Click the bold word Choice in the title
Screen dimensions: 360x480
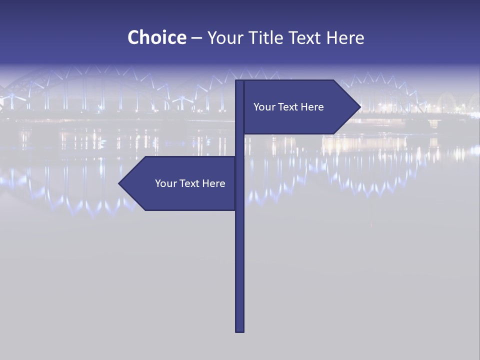point(156,37)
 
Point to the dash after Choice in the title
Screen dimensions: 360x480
point(196,38)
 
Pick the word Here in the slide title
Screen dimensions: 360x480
point(345,37)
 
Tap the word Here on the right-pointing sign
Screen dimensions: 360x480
point(312,107)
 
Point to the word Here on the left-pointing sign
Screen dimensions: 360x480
point(213,183)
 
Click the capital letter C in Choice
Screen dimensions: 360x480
point(133,37)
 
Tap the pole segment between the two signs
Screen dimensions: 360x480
point(240,145)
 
